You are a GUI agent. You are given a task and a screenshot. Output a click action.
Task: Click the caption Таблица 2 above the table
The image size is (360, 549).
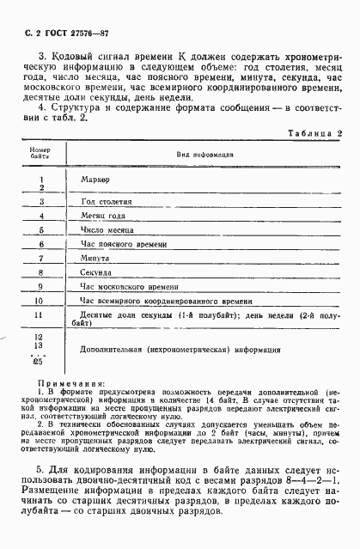314,134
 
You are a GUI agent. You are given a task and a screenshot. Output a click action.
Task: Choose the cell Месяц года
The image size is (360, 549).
101,217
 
